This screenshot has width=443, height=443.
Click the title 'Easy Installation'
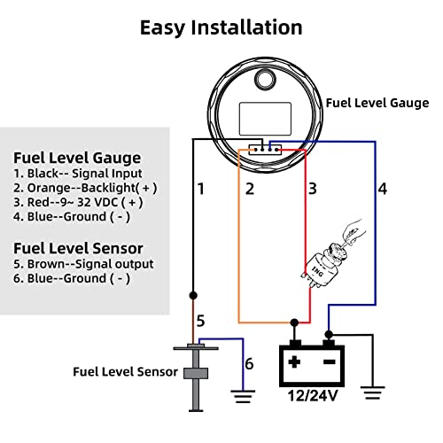221,27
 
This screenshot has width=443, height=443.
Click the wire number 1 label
201,189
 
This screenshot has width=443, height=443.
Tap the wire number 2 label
250,189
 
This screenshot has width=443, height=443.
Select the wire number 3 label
312,189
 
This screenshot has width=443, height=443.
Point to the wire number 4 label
383,189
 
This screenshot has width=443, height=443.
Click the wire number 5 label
201,321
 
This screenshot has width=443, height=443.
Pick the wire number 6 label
249,364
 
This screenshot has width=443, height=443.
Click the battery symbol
310,363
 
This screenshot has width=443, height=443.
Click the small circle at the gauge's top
264,82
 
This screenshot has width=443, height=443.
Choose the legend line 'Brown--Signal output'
84,263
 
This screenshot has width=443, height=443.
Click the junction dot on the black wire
192,291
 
